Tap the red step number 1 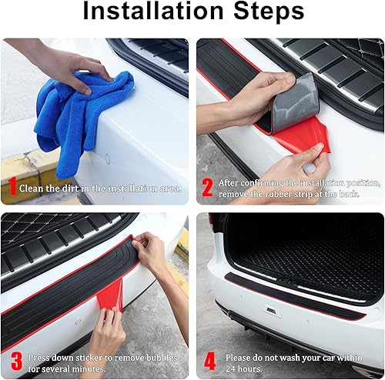13,186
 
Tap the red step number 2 206,187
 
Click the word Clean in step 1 32,188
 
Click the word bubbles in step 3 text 156,356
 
